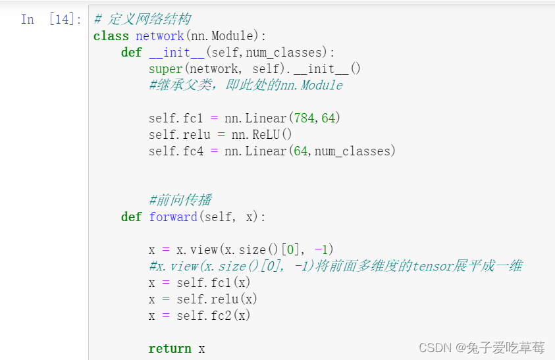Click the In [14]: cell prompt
pyautogui.click(x=51, y=20)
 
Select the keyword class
pyautogui.click(x=111, y=36)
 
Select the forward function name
pyautogui.click(x=172, y=217)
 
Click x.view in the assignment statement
pyautogui.click(x=200, y=250)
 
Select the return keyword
pyautogui.click(x=169, y=349)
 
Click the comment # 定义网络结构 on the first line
pyautogui.click(x=142, y=20)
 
